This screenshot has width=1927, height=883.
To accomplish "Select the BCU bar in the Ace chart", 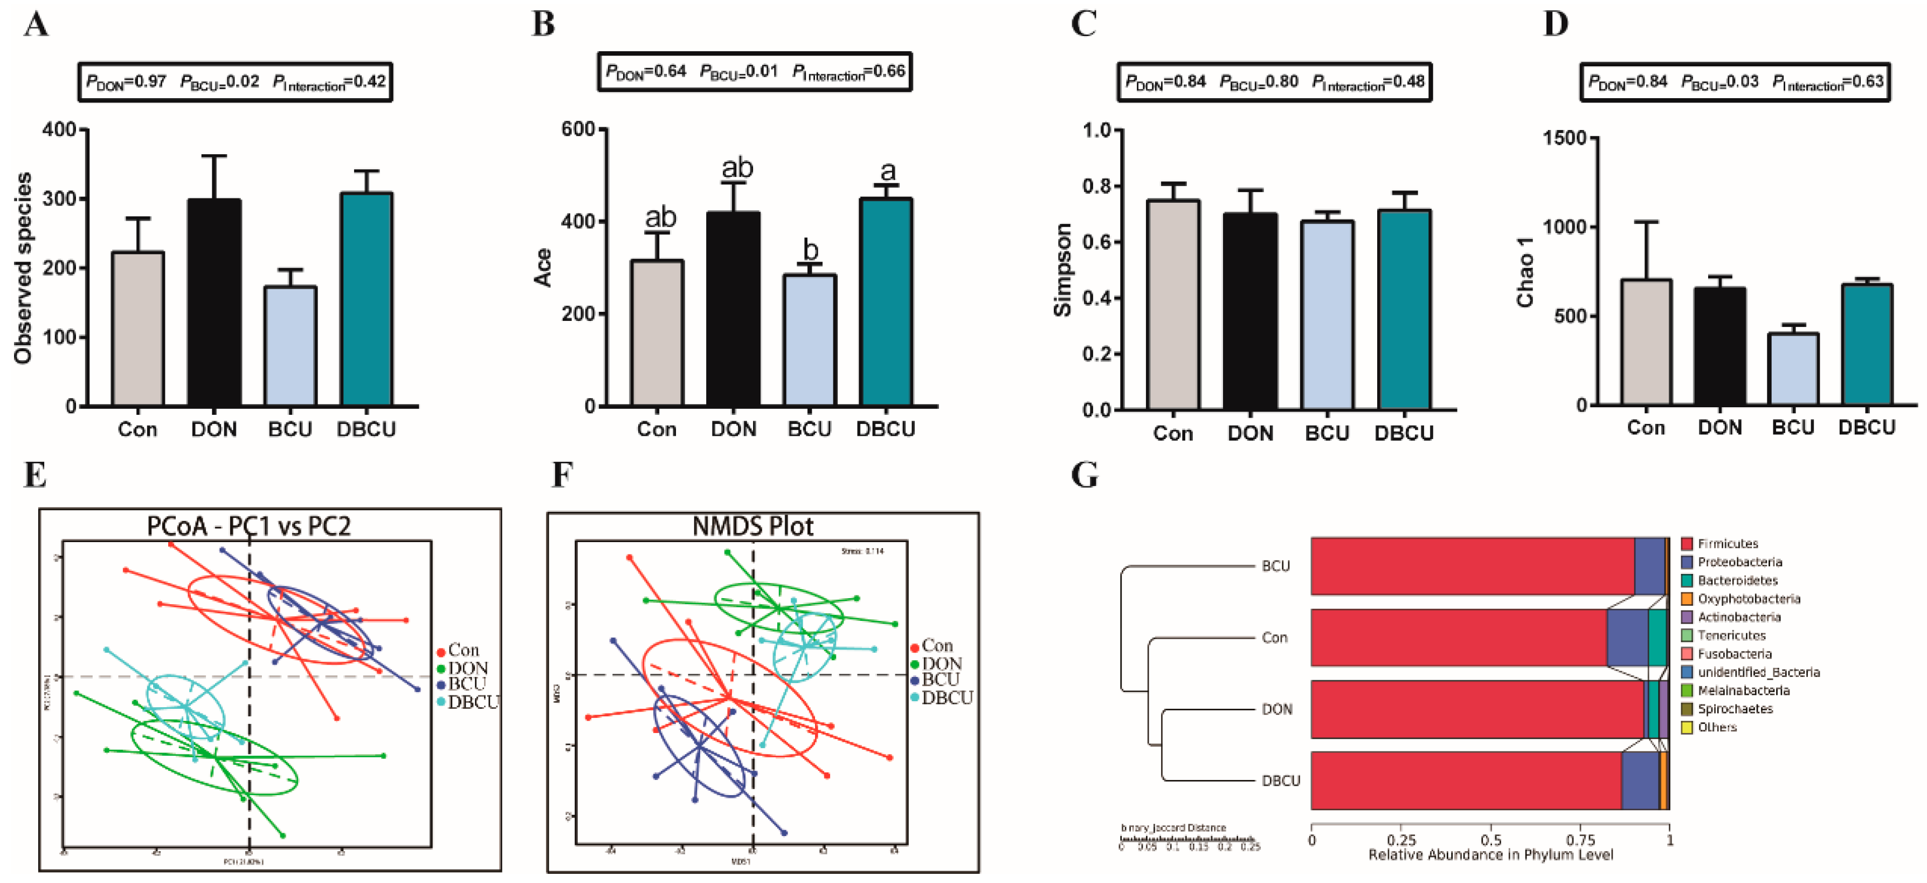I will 810,340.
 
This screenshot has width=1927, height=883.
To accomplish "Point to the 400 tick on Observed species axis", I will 60,129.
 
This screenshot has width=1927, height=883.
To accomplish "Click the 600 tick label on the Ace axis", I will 578,129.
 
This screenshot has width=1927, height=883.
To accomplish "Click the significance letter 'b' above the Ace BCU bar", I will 810,250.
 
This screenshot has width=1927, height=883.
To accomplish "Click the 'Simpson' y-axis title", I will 1062,269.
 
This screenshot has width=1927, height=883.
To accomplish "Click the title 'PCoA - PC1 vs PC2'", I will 248,526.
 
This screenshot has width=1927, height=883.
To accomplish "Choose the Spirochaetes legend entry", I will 1735,709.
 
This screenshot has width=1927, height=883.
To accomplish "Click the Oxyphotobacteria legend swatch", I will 1687,599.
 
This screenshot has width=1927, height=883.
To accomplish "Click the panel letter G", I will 1085,475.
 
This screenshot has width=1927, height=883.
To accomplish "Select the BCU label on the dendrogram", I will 1275,566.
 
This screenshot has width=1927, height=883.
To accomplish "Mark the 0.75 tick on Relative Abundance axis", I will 1580,840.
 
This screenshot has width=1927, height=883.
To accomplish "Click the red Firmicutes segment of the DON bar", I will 1477,709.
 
